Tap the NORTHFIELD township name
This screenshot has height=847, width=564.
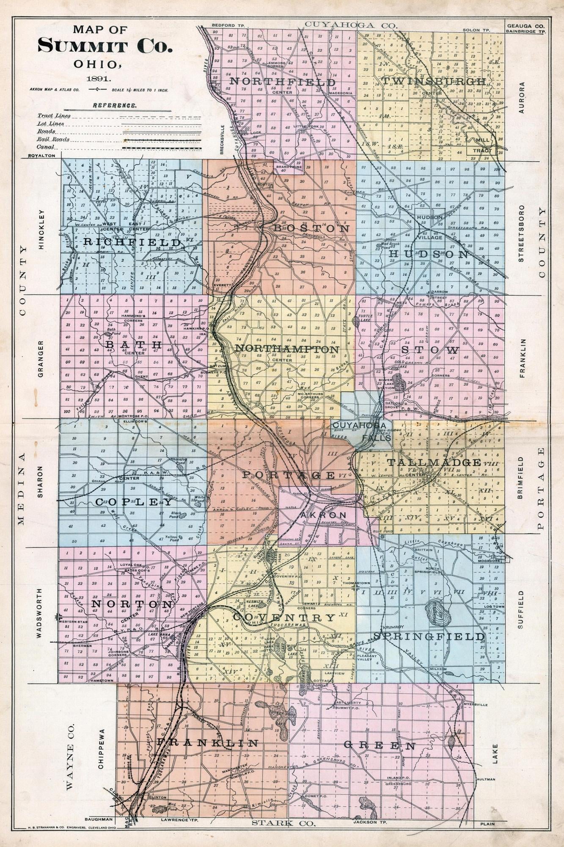click(283, 81)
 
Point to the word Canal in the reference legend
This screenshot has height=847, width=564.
click(45, 147)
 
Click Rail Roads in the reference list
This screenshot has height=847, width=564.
click(53, 139)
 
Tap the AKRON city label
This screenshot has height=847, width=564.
click(323, 515)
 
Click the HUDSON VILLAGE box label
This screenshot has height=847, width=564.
click(429, 221)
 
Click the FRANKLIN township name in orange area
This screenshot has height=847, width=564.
click(207, 743)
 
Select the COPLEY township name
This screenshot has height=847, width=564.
click(134, 502)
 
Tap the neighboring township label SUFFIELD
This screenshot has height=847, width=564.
click(521, 610)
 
